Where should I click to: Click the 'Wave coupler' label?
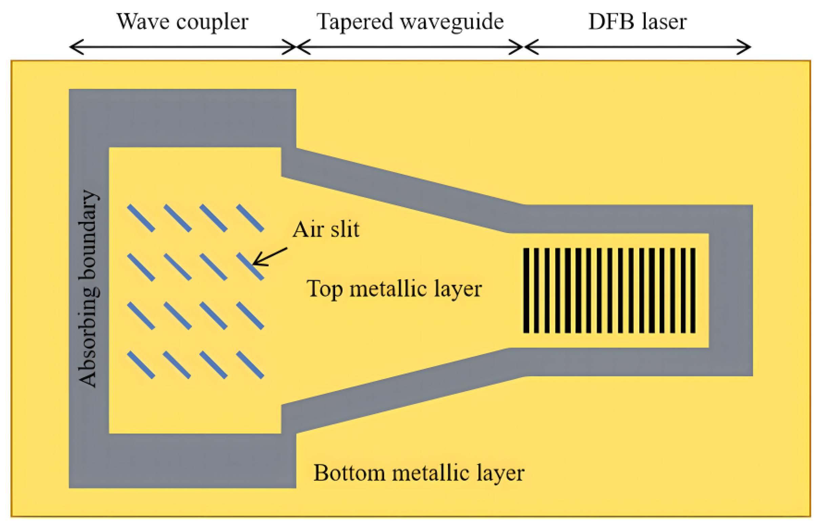point(182,22)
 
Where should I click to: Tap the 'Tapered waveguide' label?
point(410,22)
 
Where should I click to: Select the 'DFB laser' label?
point(637,22)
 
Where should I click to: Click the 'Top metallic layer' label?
point(394,288)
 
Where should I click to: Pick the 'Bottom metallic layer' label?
point(418,473)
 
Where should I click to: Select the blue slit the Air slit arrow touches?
point(250,267)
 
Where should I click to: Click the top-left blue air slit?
point(141,218)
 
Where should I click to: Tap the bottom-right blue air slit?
point(250,365)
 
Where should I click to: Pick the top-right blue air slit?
point(250,218)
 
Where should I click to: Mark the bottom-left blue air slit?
point(141,365)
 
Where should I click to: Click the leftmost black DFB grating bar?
point(526,290)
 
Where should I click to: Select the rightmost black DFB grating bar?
point(693,290)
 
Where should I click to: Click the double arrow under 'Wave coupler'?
point(183,47)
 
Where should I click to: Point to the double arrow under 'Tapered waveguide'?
point(410,47)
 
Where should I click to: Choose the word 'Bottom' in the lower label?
point(349,473)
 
